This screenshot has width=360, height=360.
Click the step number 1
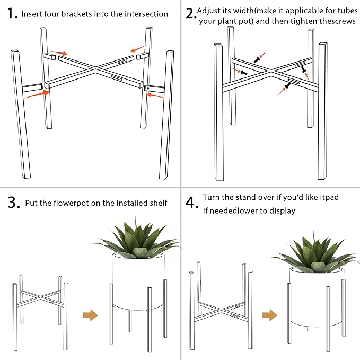click(x=11, y=13)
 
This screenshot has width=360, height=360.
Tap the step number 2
click(x=191, y=14)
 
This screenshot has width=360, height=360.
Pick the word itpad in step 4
click(x=328, y=197)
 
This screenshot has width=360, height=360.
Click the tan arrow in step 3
click(x=91, y=315)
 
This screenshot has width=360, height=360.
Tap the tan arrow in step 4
click(x=270, y=315)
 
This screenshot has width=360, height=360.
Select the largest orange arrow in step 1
click(x=36, y=95)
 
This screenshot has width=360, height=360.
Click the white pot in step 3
click(x=137, y=281)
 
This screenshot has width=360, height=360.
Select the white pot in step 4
click(x=317, y=297)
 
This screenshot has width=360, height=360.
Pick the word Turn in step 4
click(x=212, y=197)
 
